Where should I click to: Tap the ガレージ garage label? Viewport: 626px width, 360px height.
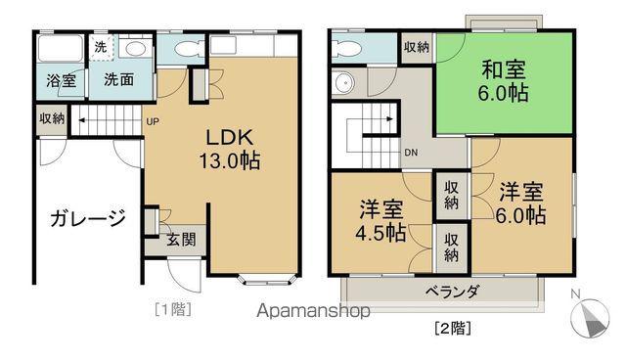click(x=87, y=217)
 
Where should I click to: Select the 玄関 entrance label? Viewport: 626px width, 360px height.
click(x=180, y=239)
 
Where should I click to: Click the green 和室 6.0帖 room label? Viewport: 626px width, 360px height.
click(x=504, y=81)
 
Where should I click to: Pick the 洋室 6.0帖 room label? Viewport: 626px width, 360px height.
click(x=523, y=202)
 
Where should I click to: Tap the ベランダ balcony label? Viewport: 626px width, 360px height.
click(x=451, y=291)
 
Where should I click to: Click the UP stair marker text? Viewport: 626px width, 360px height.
click(x=153, y=122)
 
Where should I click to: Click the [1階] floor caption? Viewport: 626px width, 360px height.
click(x=171, y=310)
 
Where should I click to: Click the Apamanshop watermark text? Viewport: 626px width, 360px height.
click(x=312, y=313)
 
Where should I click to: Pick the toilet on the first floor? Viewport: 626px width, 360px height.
click(x=183, y=49)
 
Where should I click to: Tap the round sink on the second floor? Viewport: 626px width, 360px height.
click(x=342, y=84)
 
